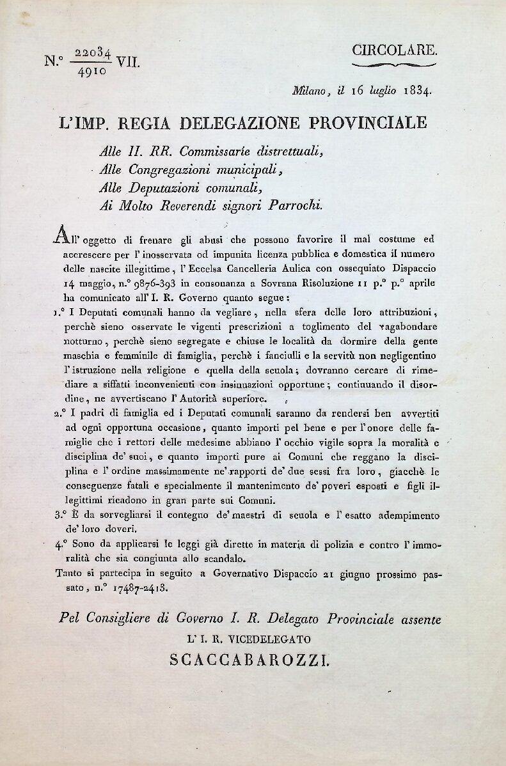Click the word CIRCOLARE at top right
coord(395,51)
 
